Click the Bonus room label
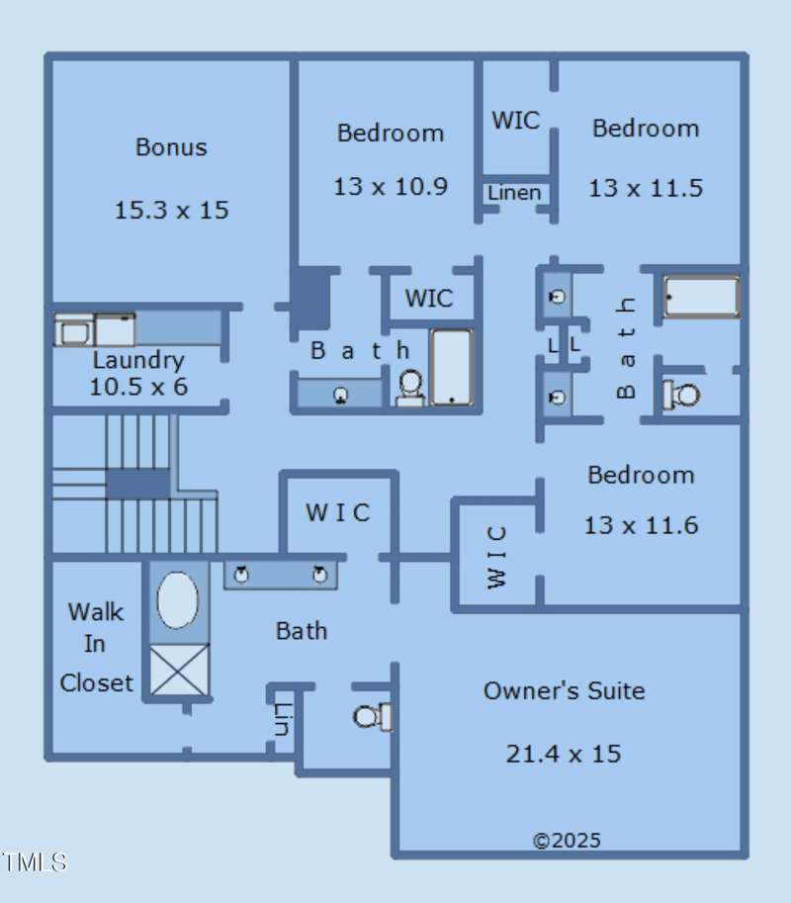click(x=171, y=147)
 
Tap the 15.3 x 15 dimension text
click(x=171, y=210)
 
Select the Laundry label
click(x=138, y=360)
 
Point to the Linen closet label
click(x=514, y=193)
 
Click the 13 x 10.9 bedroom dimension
click(x=391, y=186)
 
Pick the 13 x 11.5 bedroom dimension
click(x=646, y=187)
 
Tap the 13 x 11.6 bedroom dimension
click(x=641, y=525)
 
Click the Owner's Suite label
click(x=564, y=690)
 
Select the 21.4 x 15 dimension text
click(x=564, y=754)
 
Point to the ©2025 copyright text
click(x=567, y=841)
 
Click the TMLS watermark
click(x=35, y=861)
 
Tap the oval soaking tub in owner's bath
click(x=178, y=599)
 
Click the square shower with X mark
click(x=179, y=670)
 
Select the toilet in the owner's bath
click(x=372, y=716)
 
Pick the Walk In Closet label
click(x=96, y=647)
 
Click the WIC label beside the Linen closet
click(x=515, y=121)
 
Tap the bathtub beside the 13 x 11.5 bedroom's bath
click(x=701, y=297)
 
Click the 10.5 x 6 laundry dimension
click(x=138, y=387)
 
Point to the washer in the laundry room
click(x=73, y=330)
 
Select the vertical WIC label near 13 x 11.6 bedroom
click(x=496, y=557)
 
